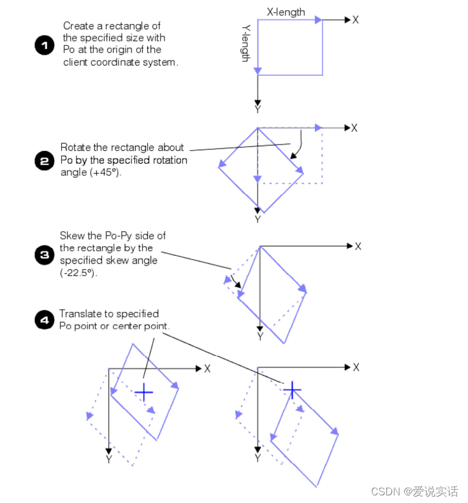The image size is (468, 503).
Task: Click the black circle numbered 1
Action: [x=45, y=45]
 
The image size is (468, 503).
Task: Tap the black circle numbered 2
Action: [x=45, y=160]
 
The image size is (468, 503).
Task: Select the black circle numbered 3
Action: [x=45, y=255]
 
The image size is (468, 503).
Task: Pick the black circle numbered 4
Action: [x=45, y=320]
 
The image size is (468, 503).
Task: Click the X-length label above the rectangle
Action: [x=286, y=12]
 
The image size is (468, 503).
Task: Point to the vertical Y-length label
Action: [x=245, y=43]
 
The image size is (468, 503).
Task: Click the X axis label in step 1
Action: [x=355, y=20]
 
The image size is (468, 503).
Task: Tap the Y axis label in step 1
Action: [x=258, y=109]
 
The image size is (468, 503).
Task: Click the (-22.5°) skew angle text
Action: [x=78, y=273]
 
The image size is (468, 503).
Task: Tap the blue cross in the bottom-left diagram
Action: [x=144, y=392]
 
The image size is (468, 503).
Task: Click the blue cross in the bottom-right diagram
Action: [x=292, y=390]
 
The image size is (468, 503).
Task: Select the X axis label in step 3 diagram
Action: [x=358, y=246]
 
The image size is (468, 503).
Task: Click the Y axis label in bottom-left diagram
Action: [x=109, y=459]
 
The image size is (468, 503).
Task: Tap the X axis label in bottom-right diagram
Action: [x=356, y=367]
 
